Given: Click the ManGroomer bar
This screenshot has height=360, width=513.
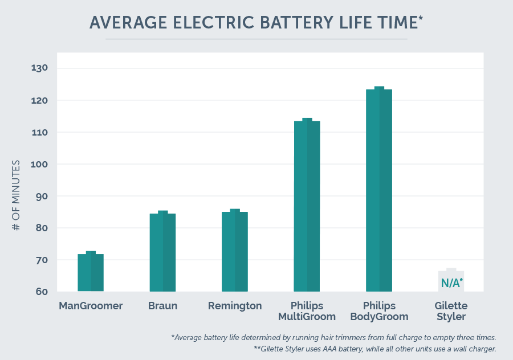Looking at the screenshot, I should click(x=91, y=272).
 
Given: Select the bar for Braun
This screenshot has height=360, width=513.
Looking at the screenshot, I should click(x=163, y=252).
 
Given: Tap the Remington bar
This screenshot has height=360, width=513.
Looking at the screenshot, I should click(x=235, y=251).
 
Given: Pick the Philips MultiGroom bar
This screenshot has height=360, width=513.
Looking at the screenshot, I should click(x=307, y=206).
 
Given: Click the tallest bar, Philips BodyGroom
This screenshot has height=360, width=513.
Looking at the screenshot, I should click(x=379, y=190).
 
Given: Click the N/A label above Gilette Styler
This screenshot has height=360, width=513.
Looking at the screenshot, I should click(x=451, y=283).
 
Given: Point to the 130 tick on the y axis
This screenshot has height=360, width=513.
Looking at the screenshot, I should click(x=40, y=68).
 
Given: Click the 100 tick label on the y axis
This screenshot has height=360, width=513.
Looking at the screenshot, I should click(x=40, y=164).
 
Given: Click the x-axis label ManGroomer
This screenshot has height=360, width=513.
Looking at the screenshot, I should click(x=91, y=306).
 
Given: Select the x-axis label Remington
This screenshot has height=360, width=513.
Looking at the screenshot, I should click(x=235, y=306).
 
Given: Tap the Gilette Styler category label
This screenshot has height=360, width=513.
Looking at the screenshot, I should click(x=451, y=311).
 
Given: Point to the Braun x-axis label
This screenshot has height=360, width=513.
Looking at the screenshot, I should click(x=163, y=306).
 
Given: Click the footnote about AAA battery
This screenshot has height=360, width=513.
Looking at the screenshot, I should click(x=374, y=348).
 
